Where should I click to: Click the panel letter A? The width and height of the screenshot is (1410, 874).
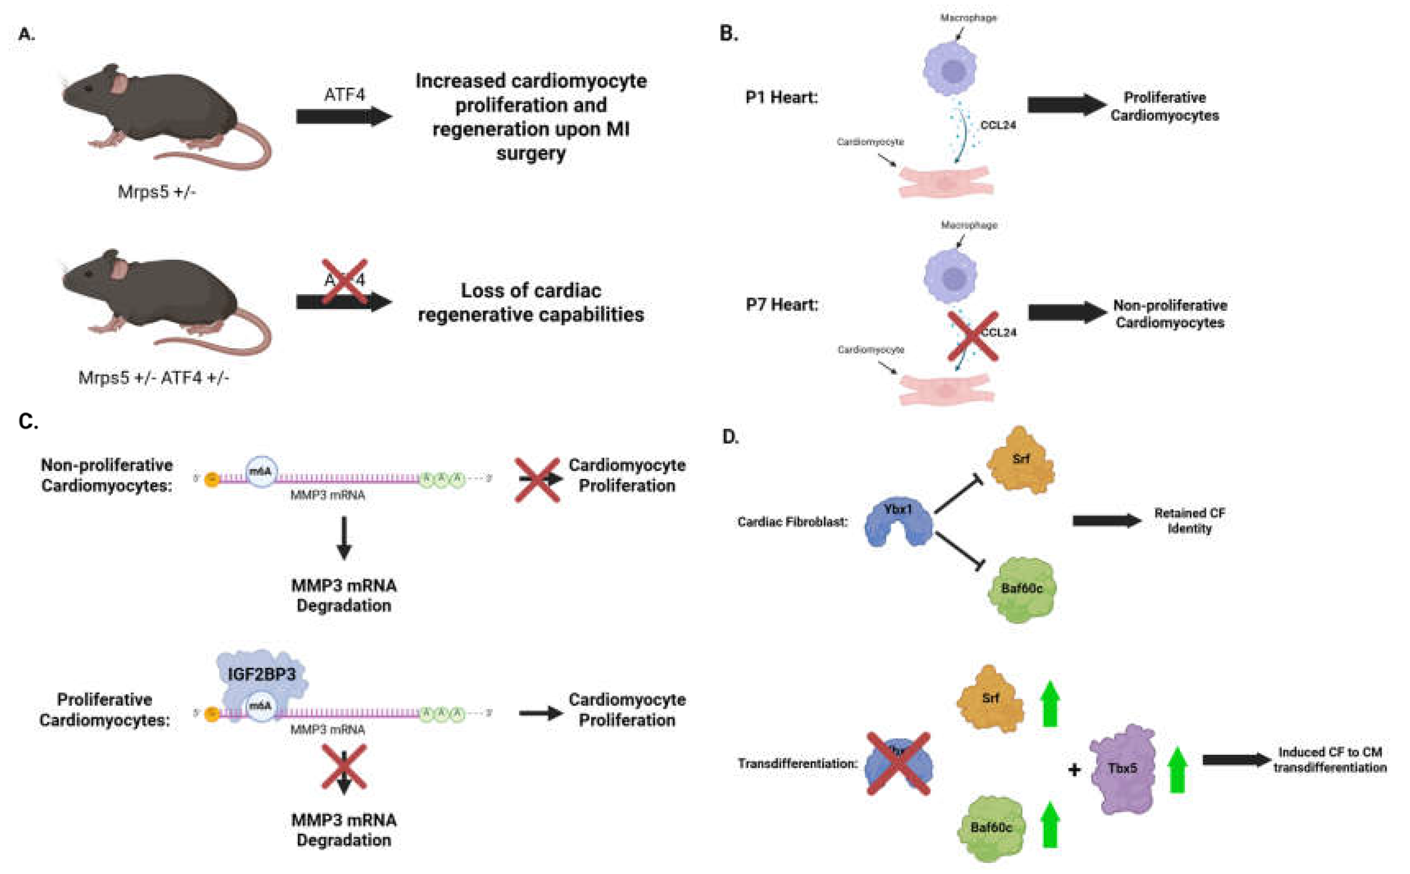tap(26, 35)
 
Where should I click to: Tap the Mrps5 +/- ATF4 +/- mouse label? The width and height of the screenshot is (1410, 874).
tap(154, 378)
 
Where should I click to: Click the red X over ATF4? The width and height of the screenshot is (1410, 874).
tap(345, 281)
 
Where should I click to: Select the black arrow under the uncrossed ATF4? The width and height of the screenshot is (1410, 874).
tap(343, 117)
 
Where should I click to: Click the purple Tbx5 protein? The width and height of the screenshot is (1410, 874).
tap(1122, 769)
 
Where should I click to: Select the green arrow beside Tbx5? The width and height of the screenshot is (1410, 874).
tap(1177, 770)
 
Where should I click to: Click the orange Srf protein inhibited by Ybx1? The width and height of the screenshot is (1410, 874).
tap(1020, 461)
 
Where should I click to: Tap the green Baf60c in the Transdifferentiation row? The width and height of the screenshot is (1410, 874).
tap(991, 828)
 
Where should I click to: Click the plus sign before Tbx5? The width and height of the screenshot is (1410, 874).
tap(1074, 770)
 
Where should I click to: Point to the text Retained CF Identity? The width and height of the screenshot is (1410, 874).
tap(1189, 521)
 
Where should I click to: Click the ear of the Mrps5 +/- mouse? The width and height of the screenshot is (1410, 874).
tap(120, 84)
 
